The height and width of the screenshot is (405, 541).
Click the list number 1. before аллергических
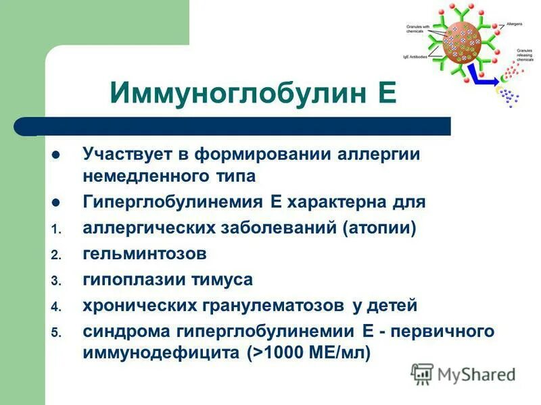tap(57, 230)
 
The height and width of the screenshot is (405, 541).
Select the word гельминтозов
tap(145, 254)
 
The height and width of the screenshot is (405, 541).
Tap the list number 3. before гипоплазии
tap(57, 281)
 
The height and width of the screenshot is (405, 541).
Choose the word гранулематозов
tap(275, 305)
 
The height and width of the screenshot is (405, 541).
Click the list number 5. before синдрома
tap(57, 332)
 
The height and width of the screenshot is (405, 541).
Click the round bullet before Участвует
tap(57, 155)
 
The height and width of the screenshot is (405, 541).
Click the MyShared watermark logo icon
tap(423, 373)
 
